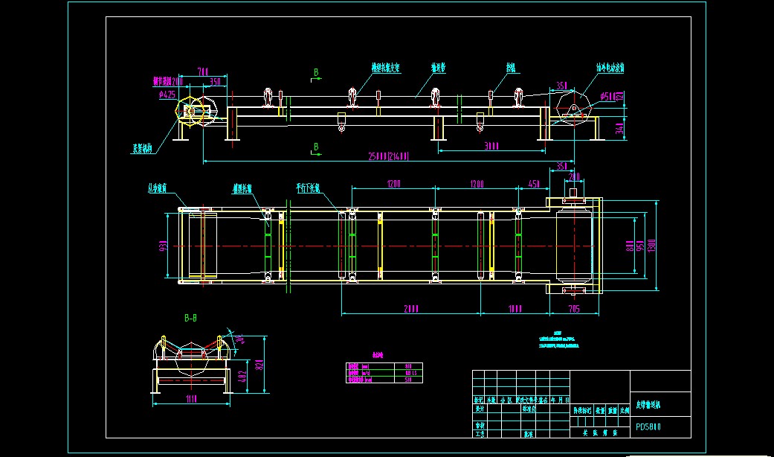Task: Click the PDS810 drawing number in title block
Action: point(648,427)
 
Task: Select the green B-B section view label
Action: point(190,318)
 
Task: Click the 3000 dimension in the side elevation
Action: point(491,147)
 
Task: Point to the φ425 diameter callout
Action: point(167,95)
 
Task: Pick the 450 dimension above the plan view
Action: point(534,184)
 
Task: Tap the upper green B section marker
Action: point(316,72)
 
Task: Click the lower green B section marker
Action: point(316,147)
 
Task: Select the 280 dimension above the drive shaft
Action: point(574,176)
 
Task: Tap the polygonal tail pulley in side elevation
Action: point(192,112)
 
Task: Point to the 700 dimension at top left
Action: point(202,71)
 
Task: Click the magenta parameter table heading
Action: point(378,355)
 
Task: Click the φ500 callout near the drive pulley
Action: point(607,95)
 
